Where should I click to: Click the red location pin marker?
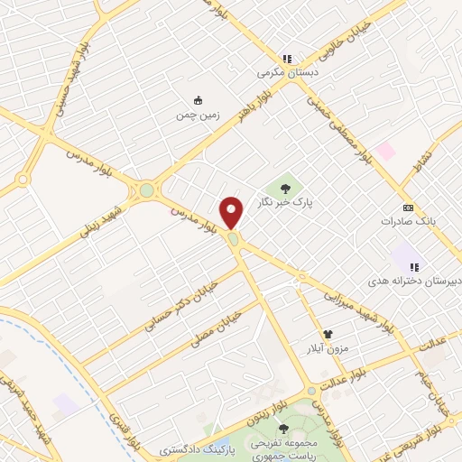pyautogui.click(x=232, y=212)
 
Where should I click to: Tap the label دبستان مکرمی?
pyautogui.click(x=282, y=71)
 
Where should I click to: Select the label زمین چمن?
pyautogui.click(x=199, y=115)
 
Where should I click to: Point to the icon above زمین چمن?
pyautogui.click(x=199, y=100)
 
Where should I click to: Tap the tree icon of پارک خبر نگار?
pyautogui.click(x=286, y=188)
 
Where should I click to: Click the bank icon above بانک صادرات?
pyautogui.click(x=407, y=207)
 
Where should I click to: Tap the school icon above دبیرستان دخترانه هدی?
pyautogui.click(x=415, y=267)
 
